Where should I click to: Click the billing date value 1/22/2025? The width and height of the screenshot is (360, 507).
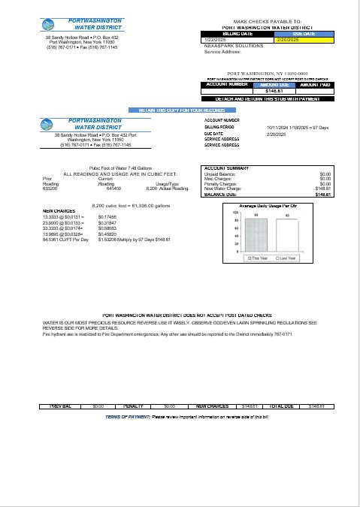pos(215,39)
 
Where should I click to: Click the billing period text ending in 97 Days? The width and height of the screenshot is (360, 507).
pos(297,128)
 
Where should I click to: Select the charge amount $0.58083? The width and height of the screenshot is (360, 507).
pos(108,228)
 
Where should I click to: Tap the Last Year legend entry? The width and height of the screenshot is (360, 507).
pos(286,258)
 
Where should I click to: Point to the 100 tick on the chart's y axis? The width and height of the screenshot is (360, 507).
pos(235,213)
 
